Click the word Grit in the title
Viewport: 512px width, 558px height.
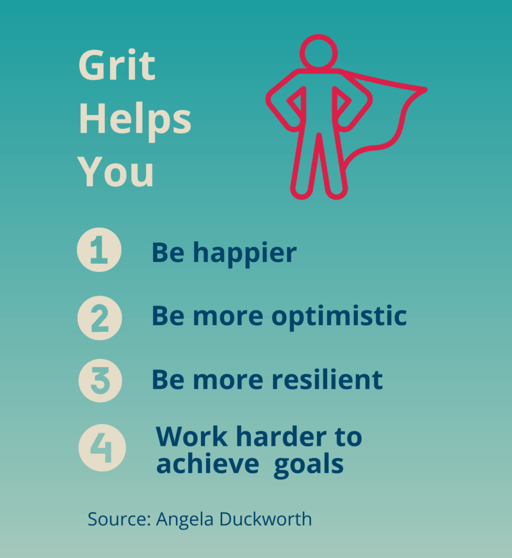pos(117,66)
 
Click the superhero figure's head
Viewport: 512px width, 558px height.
pos(318,53)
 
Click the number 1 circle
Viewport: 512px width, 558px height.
pos(99,250)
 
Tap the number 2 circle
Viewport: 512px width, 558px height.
pos(100,317)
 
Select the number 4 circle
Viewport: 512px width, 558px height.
pos(102,447)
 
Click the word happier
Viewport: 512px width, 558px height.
pos(245,253)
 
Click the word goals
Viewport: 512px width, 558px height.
pos(309,465)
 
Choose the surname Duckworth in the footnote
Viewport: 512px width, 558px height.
pos(266,519)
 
